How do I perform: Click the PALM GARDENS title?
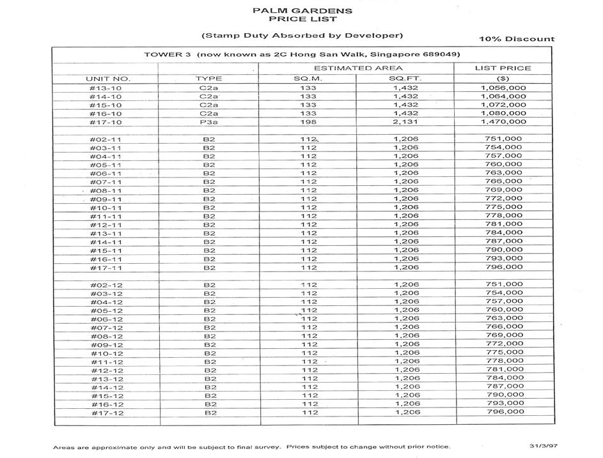pos(302,11)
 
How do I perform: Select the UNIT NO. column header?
pos(103,79)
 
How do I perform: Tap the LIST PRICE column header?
pos(502,68)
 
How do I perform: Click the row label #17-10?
pos(106,122)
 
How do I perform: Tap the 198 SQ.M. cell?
pos(309,122)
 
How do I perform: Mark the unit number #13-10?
pos(106,88)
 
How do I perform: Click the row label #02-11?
pos(106,139)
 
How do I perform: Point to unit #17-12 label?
pos(106,413)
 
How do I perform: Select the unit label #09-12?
pos(106,345)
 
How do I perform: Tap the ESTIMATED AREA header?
pos(357,68)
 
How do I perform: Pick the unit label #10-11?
pos(106,208)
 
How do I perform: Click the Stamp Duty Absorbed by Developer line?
pos(302,35)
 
